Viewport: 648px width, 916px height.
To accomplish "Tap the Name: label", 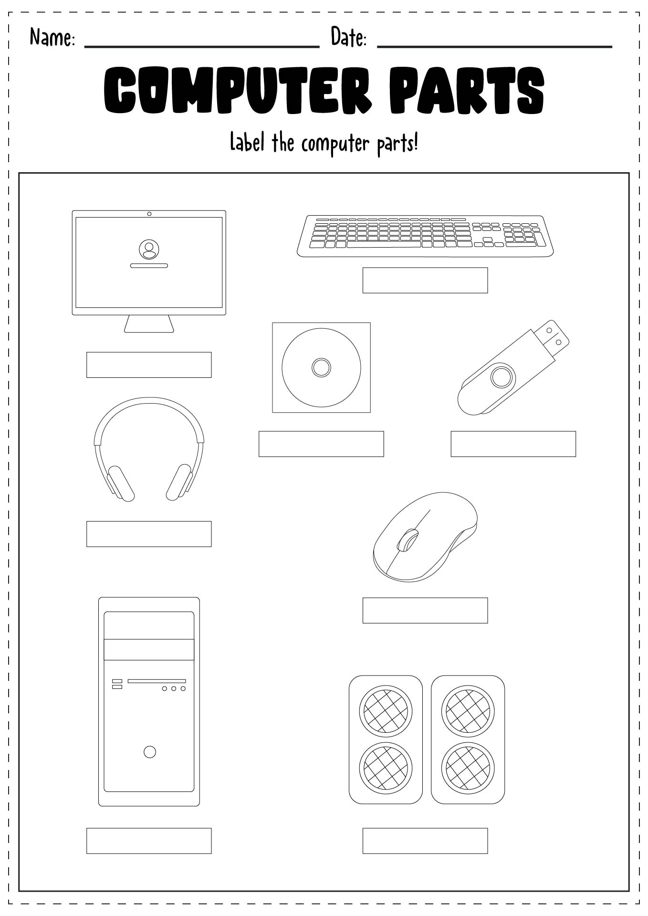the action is coord(52,37).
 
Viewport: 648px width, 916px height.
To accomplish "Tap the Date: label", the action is coord(348,37).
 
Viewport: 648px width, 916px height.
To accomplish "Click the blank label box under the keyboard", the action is coord(425,280).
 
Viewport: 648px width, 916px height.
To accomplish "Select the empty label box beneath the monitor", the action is coord(149,365).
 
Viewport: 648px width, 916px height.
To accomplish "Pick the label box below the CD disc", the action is coord(321,444).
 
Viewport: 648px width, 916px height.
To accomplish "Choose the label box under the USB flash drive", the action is coord(513,444).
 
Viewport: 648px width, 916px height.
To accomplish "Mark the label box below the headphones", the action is coord(149,534).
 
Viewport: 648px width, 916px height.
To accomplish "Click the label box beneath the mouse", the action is coord(425,610).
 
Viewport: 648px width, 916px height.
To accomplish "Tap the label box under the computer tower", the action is coord(149,841).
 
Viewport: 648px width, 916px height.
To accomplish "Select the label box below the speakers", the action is coord(425,841).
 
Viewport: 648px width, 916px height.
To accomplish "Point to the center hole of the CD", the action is coord(321,367).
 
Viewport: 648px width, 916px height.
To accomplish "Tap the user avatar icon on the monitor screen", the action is coord(149,249).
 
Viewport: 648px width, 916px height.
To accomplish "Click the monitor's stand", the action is coord(149,323).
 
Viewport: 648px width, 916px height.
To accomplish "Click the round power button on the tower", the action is coord(150,752).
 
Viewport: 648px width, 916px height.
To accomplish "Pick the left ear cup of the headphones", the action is coord(120,483).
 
